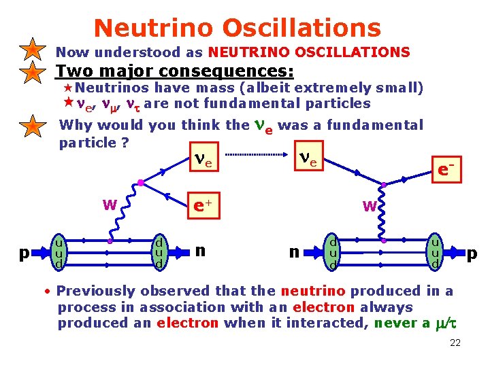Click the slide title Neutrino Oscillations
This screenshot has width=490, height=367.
click(x=237, y=28)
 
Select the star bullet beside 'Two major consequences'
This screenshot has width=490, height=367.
click(x=32, y=72)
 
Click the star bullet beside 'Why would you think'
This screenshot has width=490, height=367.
click(x=32, y=126)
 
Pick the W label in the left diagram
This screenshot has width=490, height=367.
click(x=108, y=205)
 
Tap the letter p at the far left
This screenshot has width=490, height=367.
click(x=24, y=253)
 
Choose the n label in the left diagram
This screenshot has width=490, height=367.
click(x=200, y=250)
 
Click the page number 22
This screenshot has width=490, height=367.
click(x=455, y=343)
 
